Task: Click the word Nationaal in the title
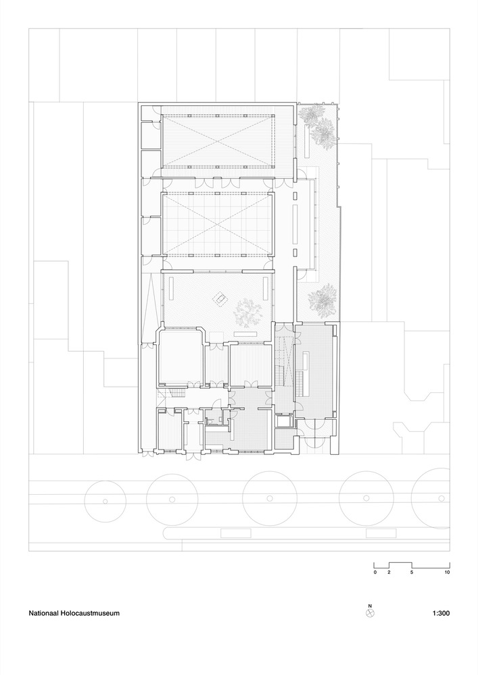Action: click(x=43, y=613)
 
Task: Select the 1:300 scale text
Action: click(x=441, y=613)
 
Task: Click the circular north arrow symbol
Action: click(x=370, y=613)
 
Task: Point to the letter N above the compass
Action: click(x=370, y=605)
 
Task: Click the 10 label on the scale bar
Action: click(x=448, y=572)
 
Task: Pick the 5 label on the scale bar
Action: click(x=412, y=572)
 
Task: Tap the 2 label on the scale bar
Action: click(x=389, y=572)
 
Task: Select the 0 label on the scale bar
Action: click(x=375, y=572)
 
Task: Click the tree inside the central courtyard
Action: click(x=248, y=313)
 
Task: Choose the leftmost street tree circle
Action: click(x=105, y=501)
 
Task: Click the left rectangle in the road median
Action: click(x=236, y=533)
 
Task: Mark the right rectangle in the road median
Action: click(x=381, y=533)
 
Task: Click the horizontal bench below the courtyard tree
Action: click(x=245, y=335)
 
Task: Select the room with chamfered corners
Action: click(x=181, y=356)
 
